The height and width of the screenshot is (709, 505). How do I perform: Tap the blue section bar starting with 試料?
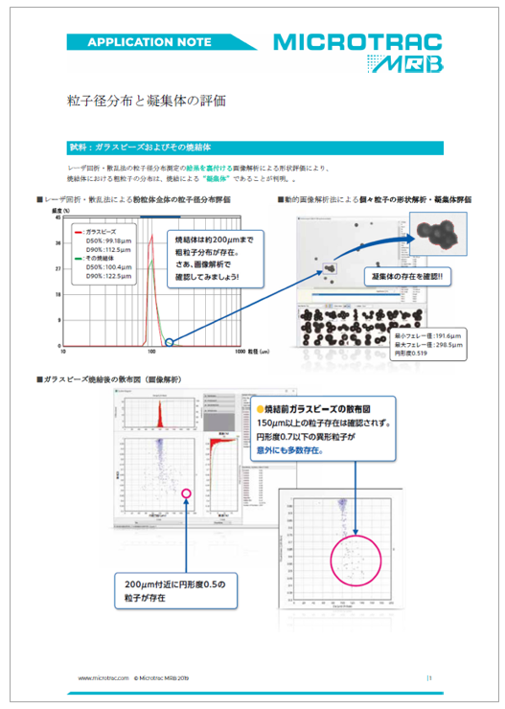click(x=252, y=148)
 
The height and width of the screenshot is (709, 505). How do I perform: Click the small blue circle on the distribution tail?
click(x=170, y=339)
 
